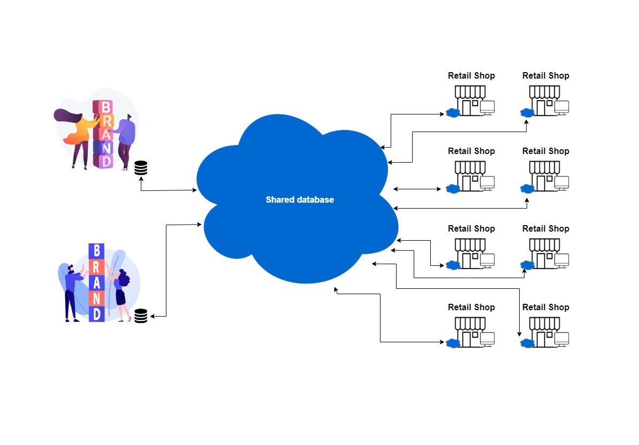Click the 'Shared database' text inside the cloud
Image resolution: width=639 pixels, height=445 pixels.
click(300, 200)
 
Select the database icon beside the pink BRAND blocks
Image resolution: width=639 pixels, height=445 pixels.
click(141, 168)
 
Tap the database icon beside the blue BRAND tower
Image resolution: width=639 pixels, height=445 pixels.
click(141, 316)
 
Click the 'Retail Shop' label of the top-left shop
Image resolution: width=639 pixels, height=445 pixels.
click(471, 76)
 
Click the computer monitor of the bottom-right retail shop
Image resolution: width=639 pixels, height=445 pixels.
click(561, 339)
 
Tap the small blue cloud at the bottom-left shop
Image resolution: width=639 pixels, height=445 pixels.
click(453, 343)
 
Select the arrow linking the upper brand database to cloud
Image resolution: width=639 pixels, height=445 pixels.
click(166, 190)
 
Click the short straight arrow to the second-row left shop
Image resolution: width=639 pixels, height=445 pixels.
click(417, 189)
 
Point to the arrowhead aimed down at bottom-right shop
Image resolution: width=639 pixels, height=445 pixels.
click(519, 334)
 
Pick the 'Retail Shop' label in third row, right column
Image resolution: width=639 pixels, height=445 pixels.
click(545, 228)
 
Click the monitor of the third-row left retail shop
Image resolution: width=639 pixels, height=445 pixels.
click(487, 260)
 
